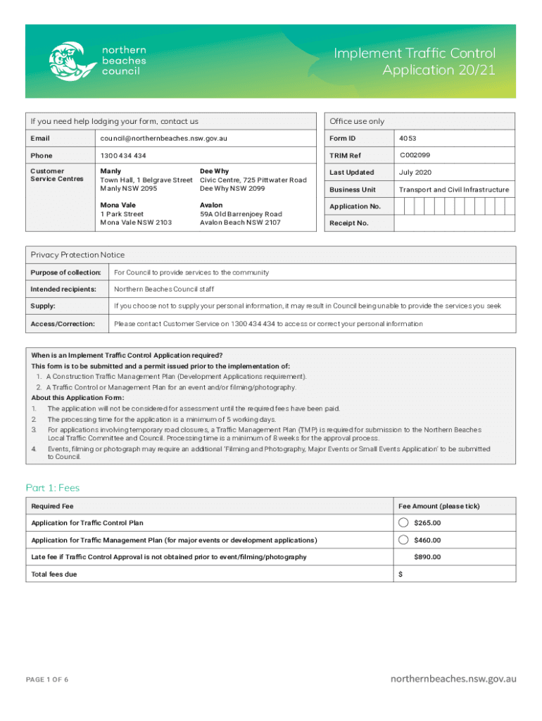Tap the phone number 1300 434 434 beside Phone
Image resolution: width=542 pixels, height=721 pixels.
(x=123, y=155)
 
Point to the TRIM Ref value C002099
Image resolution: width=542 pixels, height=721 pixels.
(x=415, y=155)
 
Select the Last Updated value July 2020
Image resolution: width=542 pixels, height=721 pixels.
(x=416, y=173)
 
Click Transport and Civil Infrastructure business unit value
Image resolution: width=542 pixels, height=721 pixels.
(x=453, y=189)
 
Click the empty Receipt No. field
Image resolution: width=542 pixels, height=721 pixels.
(x=455, y=223)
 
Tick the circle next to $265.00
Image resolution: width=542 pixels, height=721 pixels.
(x=403, y=522)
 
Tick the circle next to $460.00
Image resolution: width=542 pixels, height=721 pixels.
(x=403, y=540)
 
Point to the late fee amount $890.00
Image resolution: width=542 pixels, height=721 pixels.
(x=427, y=557)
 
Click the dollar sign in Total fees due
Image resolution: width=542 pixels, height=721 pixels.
(x=401, y=575)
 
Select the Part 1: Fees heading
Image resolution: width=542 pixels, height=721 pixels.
(x=53, y=487)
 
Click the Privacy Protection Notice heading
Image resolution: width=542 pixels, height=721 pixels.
(x=77, y=255)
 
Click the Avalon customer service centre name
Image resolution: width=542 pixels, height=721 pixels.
(x=211, y=205)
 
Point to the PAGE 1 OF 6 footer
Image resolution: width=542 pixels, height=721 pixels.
(x=47, y=679)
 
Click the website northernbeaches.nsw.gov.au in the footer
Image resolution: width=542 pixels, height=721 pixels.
(x=453, y=679)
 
